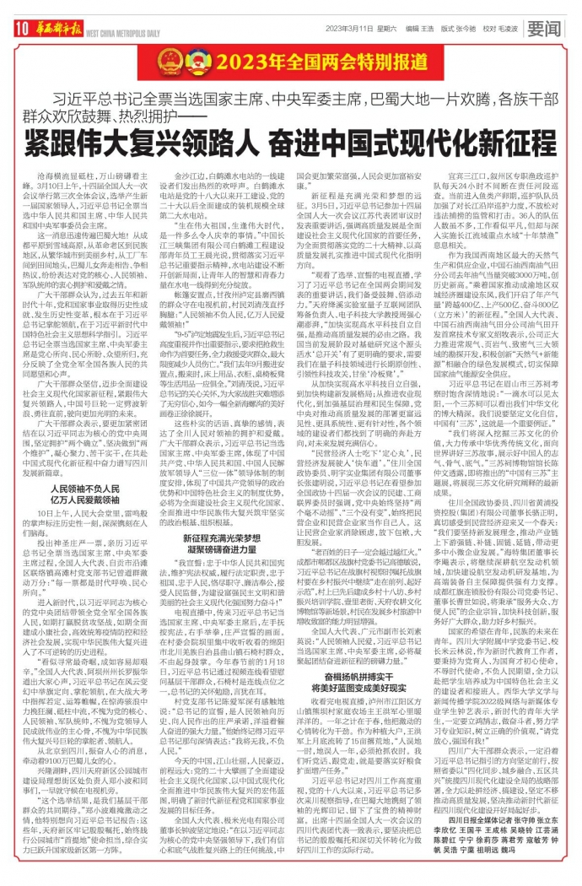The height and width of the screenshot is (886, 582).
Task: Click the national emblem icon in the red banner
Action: [175, 61]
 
